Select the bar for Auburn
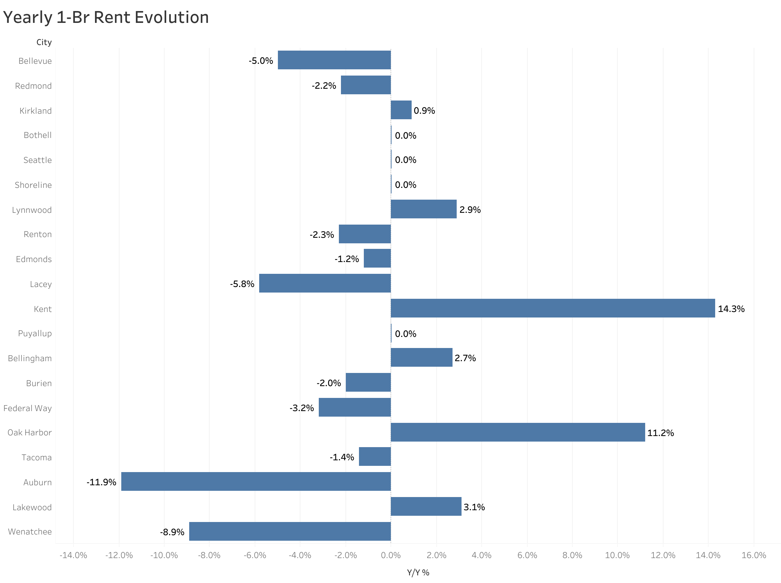[256, 481]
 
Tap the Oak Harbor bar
[518, 432]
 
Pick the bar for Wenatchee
[290, 531]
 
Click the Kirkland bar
[401, 110]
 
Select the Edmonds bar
[377, 258]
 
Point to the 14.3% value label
[731, 309]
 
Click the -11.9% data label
[101, 482]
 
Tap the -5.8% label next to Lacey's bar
[242, 284]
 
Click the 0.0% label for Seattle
[405, 160]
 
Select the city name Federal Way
[27, 408]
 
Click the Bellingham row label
[30, 358]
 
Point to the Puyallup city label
[35, 333]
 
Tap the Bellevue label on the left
[35, 61]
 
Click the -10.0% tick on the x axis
[164, 555]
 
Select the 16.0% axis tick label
[754, 555]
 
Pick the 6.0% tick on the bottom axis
[527, 555]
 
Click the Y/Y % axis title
[418, 572]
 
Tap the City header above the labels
[44, 42]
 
